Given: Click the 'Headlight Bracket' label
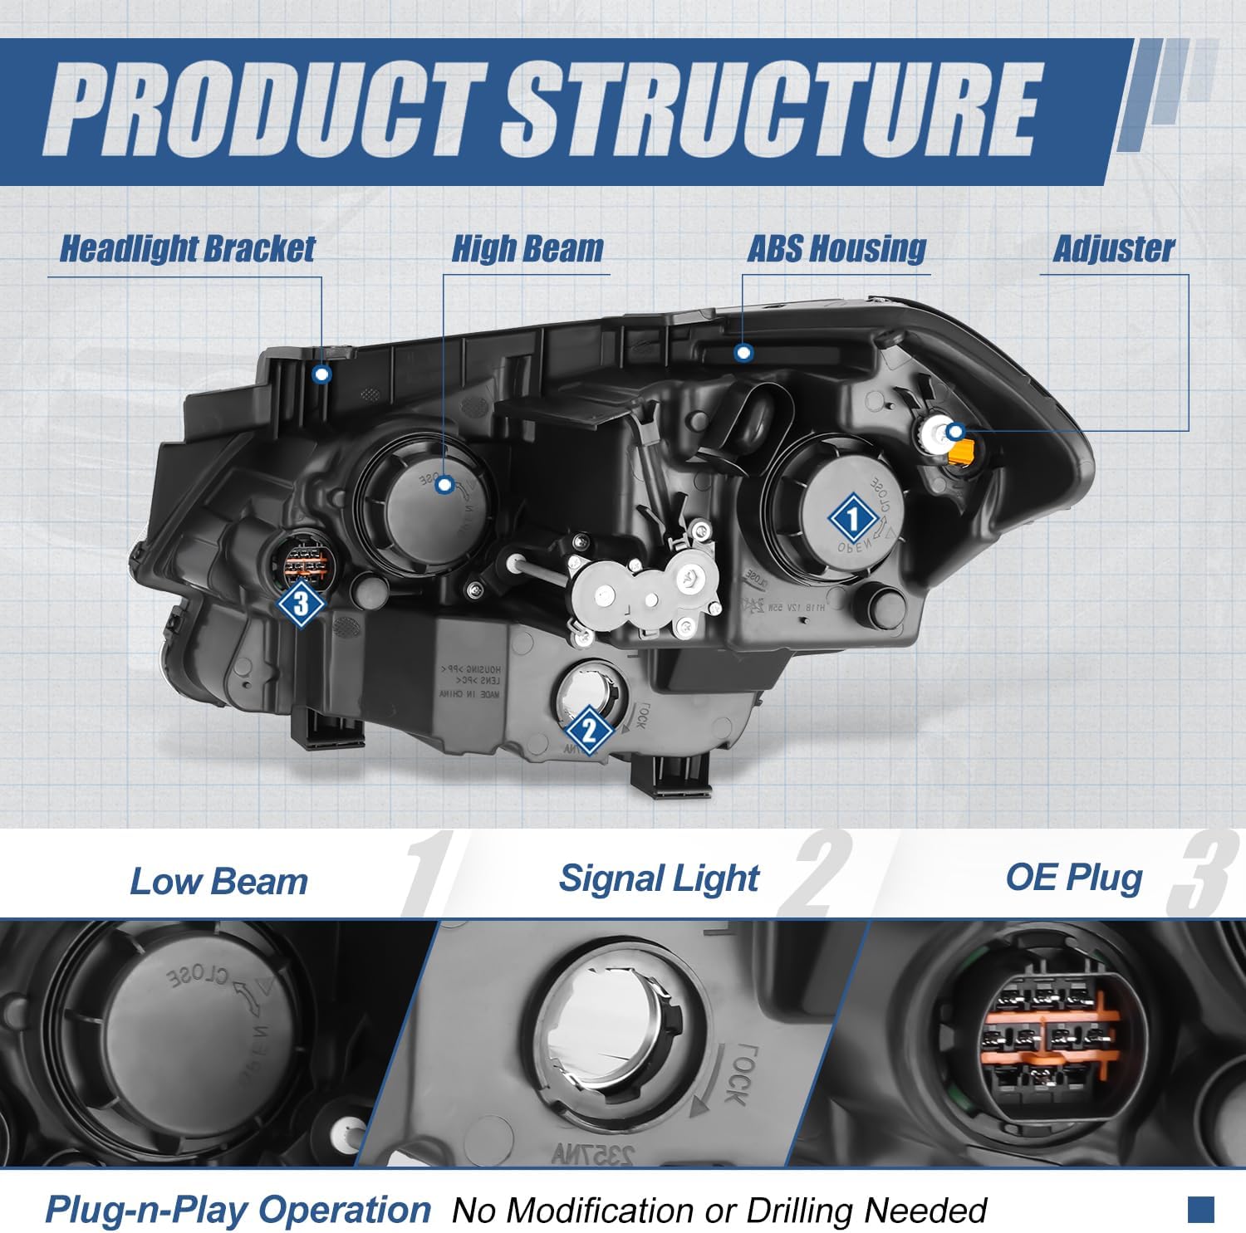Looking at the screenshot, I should pyautogui.click(x=188, y=248).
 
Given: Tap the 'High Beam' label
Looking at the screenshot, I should pyautogui.click(x=527, y=248).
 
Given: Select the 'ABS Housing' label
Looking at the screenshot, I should pyautogui.click(x=836, y=248).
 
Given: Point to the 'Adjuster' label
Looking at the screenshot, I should pyautogui.click(x=1113, y=248).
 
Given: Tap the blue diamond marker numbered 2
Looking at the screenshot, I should pyautogui.click(x=589, y=731).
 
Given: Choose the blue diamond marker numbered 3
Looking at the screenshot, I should pyautogui.click(x=301, y=603).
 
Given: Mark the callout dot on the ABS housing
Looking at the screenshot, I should pyautogui.click(x=744, y=353).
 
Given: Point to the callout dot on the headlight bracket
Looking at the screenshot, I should pyautogui.click(x=322, y=374).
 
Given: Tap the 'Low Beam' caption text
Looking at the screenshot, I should pyautogui.click(x=218, y=881).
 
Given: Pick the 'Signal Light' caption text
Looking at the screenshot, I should pyautogui.click(x=659, y=878).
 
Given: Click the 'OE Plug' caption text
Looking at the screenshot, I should pyautogui.click(x=1073, y=878).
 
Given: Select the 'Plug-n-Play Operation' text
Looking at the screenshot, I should pyautogui.click(x=238, y=1209).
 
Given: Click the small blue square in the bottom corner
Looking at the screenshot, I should pyautogui.click(x=1201, y=1209).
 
